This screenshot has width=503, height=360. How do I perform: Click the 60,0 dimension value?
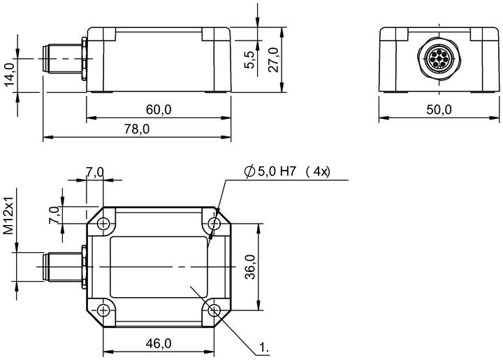coord(159,110)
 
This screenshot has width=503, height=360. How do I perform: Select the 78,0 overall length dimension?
coord(137,129)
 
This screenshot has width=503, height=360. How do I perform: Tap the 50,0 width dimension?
coord(439,110)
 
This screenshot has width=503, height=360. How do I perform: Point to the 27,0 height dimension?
coord(273,59)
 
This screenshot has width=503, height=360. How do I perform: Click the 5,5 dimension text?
coord(249,59)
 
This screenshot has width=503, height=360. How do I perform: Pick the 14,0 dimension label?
coord(10,75)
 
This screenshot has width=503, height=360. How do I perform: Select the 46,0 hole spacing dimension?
coord(159,344)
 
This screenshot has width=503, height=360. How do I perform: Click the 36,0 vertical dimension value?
coord(250,267)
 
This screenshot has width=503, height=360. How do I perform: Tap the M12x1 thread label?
coord(8,215)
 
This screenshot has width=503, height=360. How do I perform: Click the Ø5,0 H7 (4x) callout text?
coord(287,172)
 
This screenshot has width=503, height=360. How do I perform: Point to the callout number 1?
coord(263,347)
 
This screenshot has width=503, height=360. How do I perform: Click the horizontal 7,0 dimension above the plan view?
coord(94,172)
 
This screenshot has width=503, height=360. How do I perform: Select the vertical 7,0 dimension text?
coord(54,215)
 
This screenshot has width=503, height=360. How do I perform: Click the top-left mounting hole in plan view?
coord(103,223)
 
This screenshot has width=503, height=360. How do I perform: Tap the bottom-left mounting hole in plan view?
coord(103,310)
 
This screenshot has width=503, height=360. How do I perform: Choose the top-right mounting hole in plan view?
coord(214,223)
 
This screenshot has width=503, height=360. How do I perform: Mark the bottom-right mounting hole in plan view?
coord(214,310)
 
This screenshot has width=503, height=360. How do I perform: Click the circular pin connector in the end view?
coord(439,59)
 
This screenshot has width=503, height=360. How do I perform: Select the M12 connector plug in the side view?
coord(64,59)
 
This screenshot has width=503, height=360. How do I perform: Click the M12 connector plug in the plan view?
coord(64,267)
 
